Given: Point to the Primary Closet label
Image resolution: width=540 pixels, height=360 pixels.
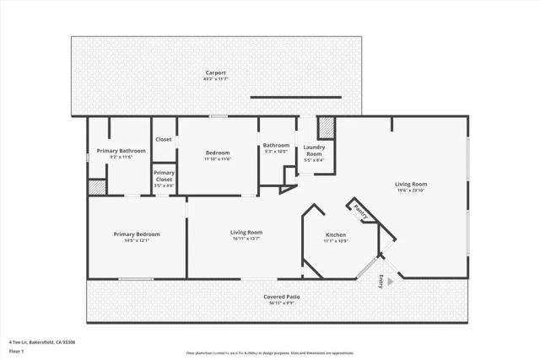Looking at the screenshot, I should tap(164, 175).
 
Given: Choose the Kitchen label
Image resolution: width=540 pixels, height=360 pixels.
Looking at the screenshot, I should tap(336, 235).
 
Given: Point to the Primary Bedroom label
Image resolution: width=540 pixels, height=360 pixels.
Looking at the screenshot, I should tap(137, 234).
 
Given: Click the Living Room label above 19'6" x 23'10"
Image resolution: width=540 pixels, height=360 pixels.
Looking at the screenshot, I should tap(412, 184).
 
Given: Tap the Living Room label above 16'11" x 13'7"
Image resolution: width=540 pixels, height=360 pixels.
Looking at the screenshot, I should tap(246, 232).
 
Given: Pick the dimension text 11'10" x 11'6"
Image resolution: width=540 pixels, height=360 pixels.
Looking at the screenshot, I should tap(218, 159).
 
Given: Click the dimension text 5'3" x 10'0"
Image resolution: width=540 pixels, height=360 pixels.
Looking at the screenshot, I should tap(276, 152).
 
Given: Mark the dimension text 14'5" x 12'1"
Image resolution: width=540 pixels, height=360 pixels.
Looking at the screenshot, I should tap(137, 241).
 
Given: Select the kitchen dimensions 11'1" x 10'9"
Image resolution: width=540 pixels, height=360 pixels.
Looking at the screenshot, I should tap(336, 242).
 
